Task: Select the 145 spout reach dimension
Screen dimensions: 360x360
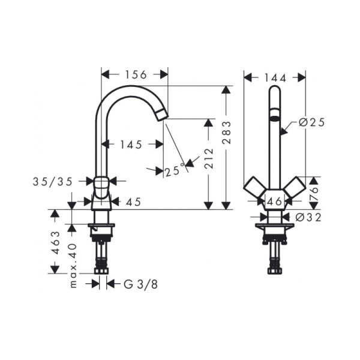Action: coord(131,145)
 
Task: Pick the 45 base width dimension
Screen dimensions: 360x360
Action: coord(133,202)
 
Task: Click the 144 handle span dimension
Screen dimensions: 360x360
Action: coord(274,77)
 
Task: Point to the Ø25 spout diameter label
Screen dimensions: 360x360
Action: coord(311,122)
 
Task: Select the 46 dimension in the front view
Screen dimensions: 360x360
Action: coord(274,202)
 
